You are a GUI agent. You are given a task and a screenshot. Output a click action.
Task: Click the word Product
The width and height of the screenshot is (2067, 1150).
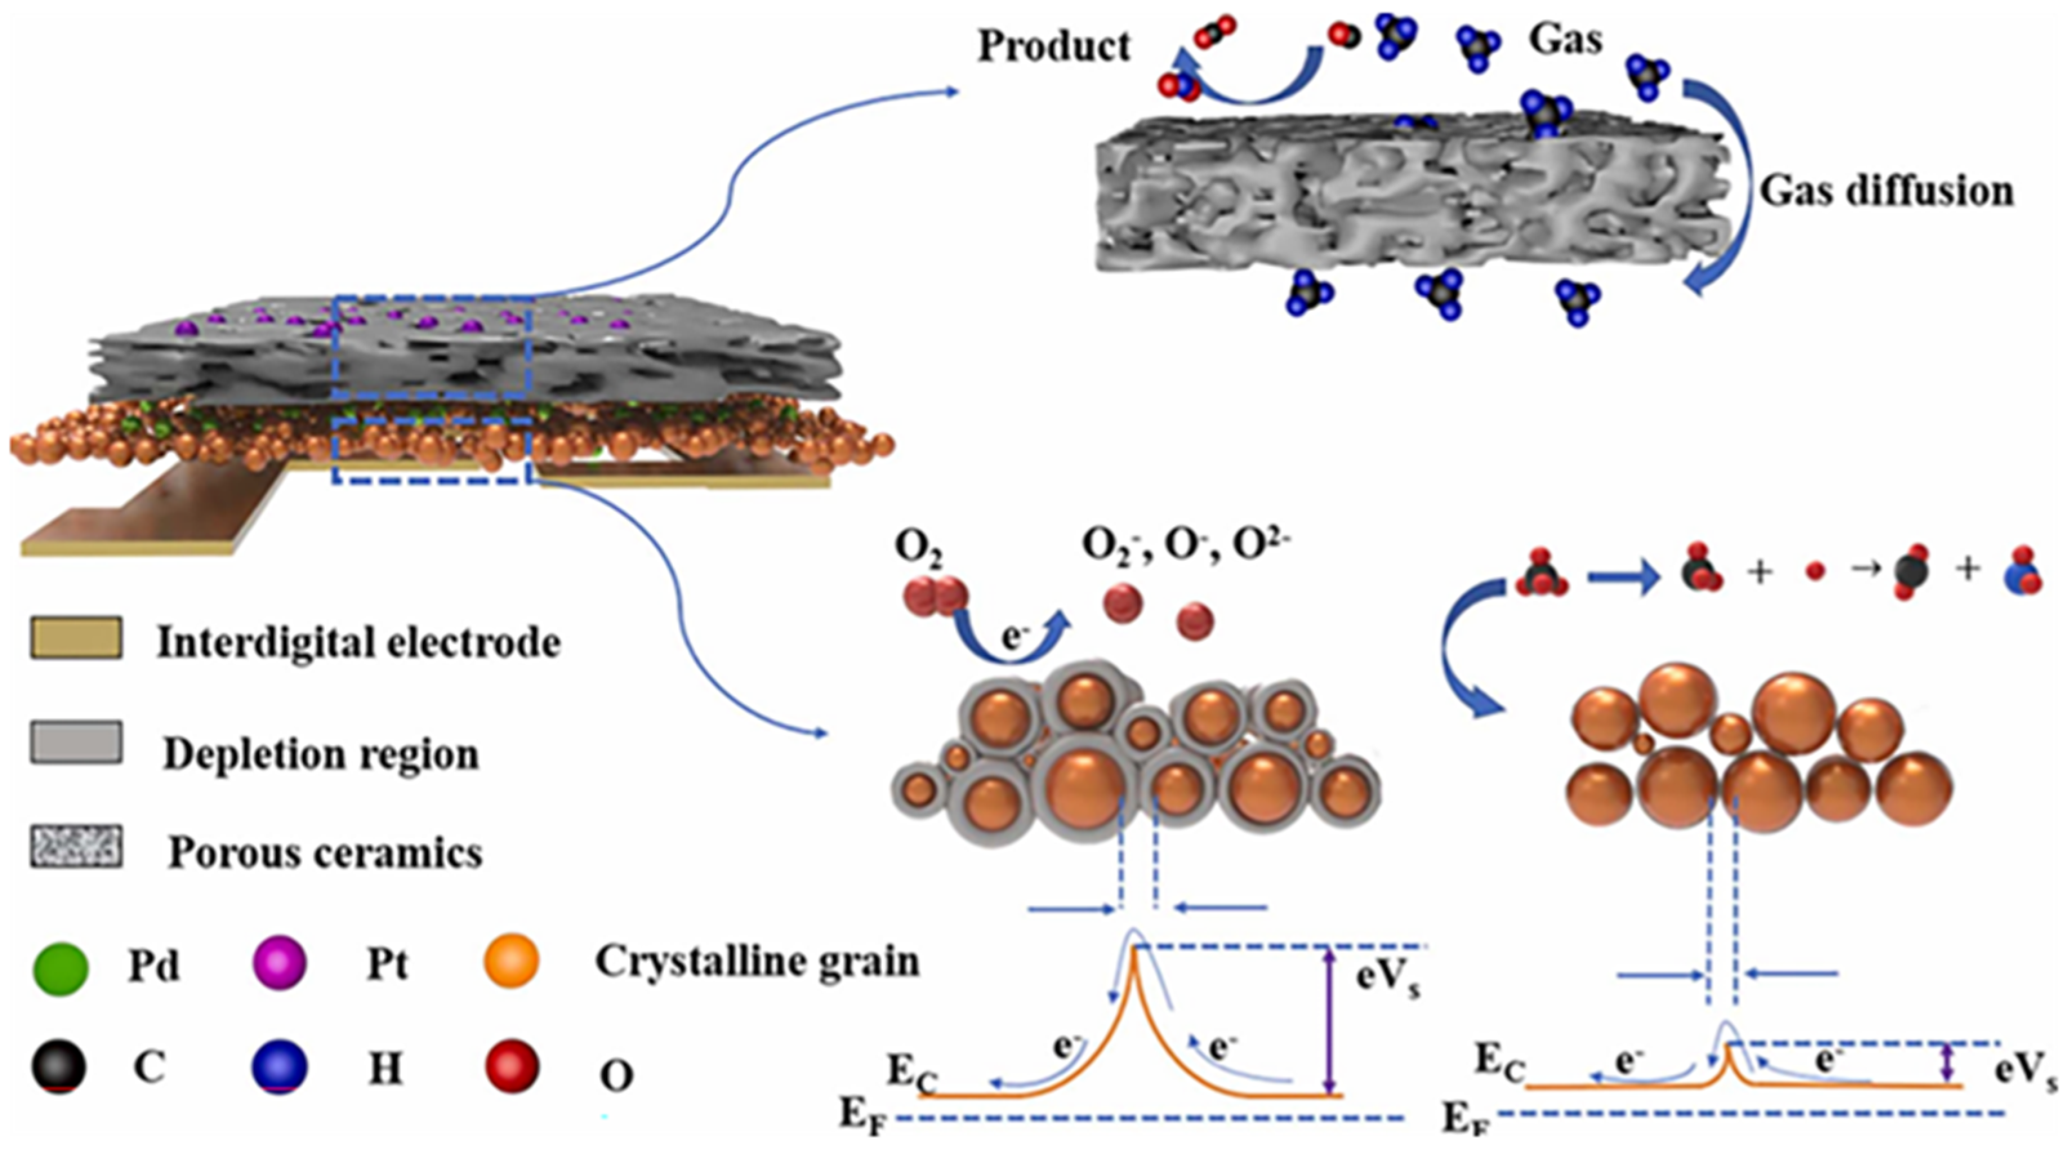click(x=1054, y=46)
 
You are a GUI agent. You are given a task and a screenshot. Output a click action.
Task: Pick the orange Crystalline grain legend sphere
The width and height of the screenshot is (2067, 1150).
click(x=512, y=960)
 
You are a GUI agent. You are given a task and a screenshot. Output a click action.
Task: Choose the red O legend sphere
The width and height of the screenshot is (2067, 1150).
click(x=512, y=1065)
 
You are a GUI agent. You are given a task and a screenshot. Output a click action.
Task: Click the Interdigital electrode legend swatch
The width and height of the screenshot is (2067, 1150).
click(x=76, y=638)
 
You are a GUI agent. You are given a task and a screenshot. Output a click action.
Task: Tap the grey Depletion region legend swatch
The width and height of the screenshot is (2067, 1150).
click(x=76, y=741)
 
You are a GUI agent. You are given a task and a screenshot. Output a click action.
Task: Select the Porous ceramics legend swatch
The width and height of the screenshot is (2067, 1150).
click(x=76, y=846)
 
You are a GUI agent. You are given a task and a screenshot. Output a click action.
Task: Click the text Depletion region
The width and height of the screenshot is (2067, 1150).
click(x=321, y=754)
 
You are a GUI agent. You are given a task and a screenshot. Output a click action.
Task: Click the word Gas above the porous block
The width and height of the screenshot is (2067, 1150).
click(x=1566, y=39)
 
